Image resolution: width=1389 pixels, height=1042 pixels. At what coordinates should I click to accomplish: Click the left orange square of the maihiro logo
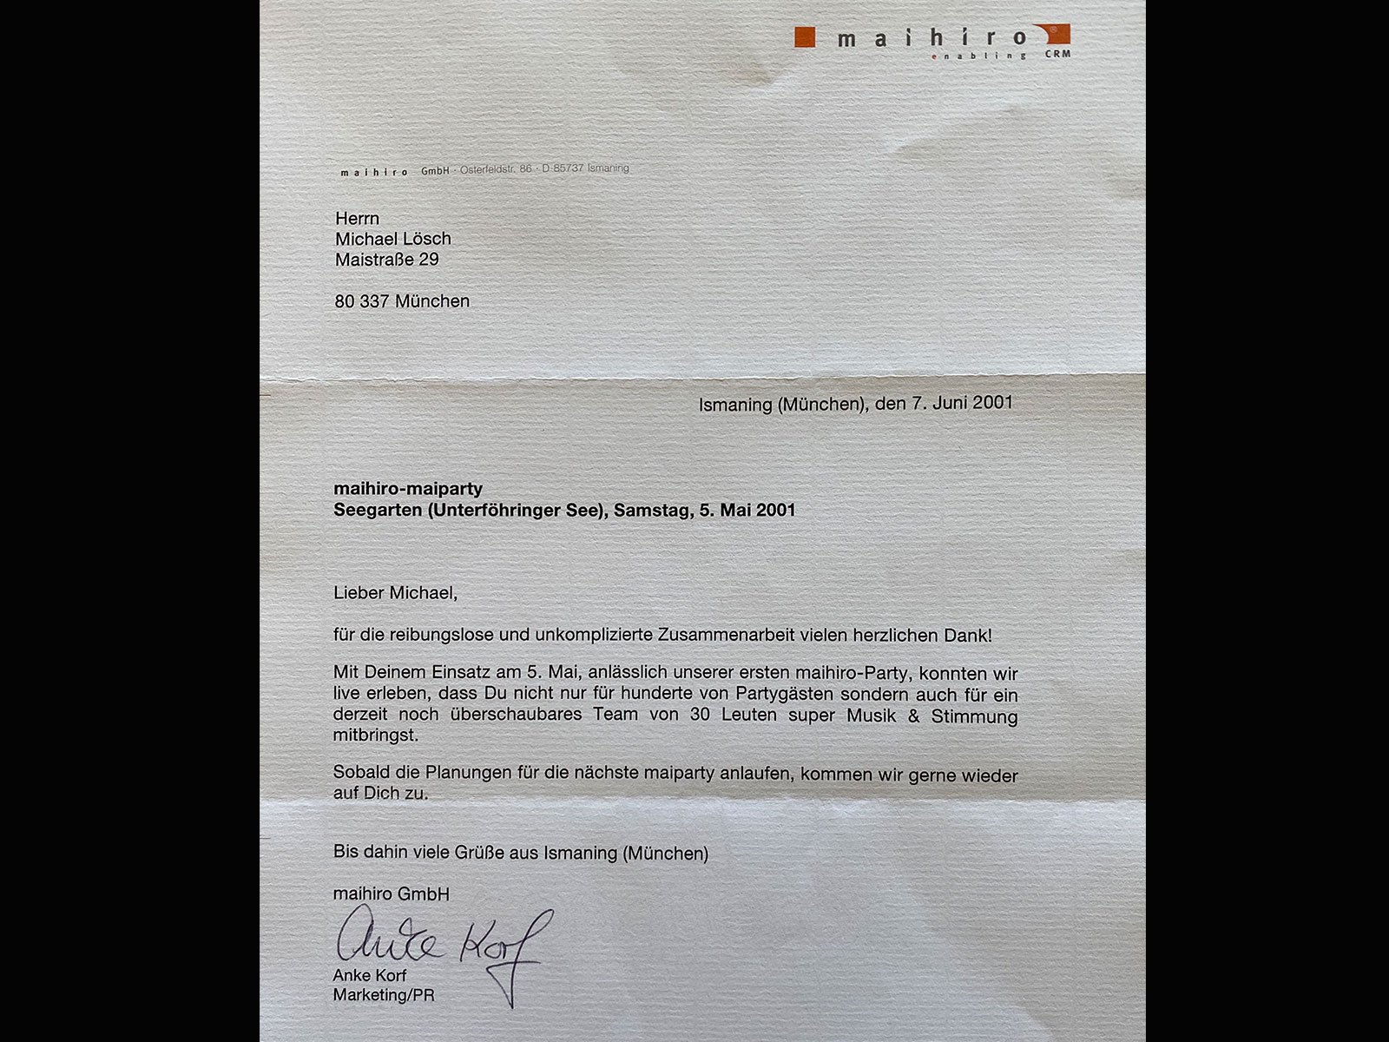[x=805, y=36]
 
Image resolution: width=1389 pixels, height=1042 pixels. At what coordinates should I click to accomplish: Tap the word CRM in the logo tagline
[x=1058, y=54]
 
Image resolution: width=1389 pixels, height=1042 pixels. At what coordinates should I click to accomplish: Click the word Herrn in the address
[x=357, y=218]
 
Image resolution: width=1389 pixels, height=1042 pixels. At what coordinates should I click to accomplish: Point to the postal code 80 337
[x=362, y=301]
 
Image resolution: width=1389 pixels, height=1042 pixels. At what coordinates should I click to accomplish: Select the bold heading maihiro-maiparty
[x=407, y=490]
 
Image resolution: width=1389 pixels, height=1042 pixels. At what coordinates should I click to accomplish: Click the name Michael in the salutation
[x=421, y=593]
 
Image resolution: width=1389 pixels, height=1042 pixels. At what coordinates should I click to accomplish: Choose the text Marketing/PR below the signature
[x=383, y=995]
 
